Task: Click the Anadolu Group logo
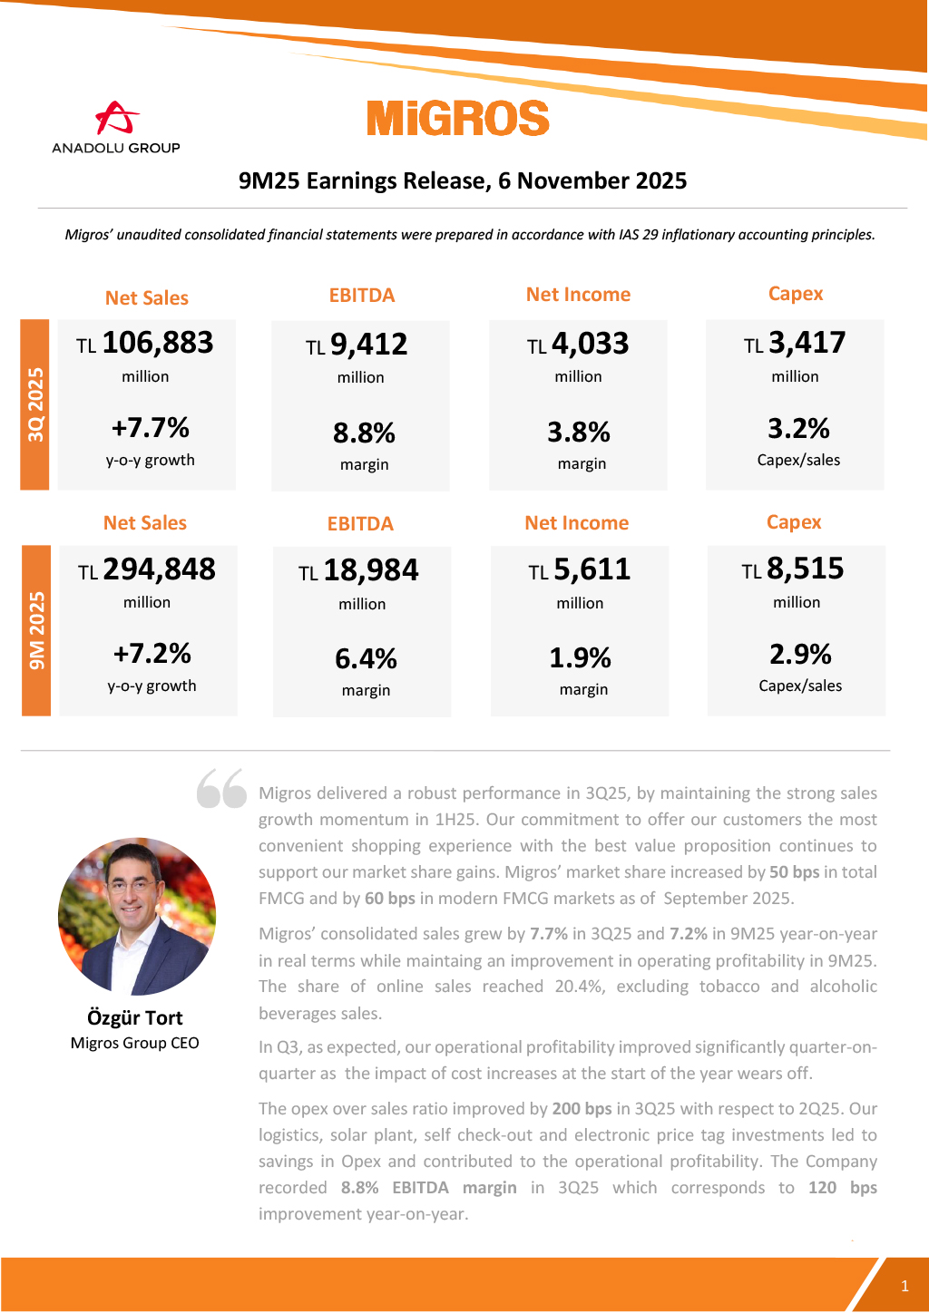pos(116,127)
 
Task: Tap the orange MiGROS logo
pos(458,119)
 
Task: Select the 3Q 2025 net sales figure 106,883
pos(157,343)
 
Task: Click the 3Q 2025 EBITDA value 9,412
pos(368,345)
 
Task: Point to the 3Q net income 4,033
pos(590,344)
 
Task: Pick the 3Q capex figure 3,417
pos(807,343)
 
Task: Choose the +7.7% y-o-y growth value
pos(151,427)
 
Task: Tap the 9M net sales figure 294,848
pos(159,569)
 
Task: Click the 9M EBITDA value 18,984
pos(370,570)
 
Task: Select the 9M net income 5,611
pos(592,569)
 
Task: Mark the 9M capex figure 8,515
pos(805,569)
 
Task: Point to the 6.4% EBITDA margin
pos(366,658)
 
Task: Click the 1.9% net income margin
pos(580,657)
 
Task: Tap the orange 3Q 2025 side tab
pos(35,404)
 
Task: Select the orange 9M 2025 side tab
pos(36,630)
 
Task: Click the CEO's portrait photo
pos(137,916)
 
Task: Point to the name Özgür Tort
pos(135,1017)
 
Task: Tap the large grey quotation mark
pos(221,788)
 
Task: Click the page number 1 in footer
pos(905,1286)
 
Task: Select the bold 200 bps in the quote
pos(582,1109)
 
